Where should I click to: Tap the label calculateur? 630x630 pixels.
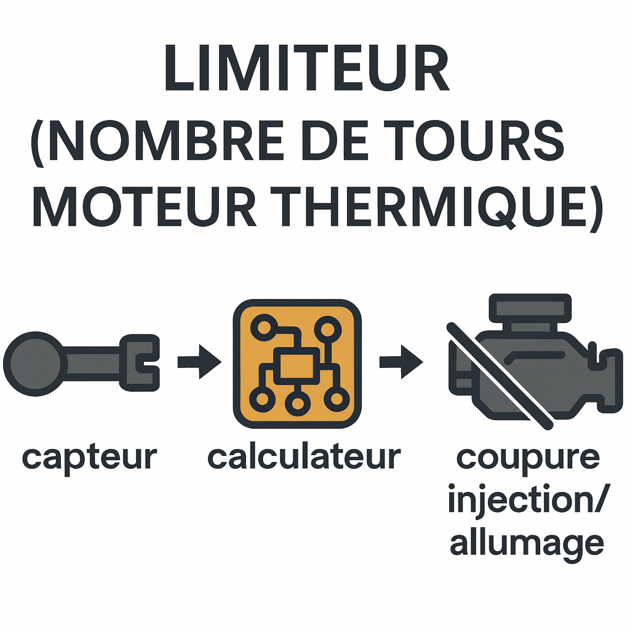pos(304,457)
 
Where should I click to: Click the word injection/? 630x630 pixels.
pos(527,500)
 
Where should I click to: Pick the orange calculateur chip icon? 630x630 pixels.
pos(297,363)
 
